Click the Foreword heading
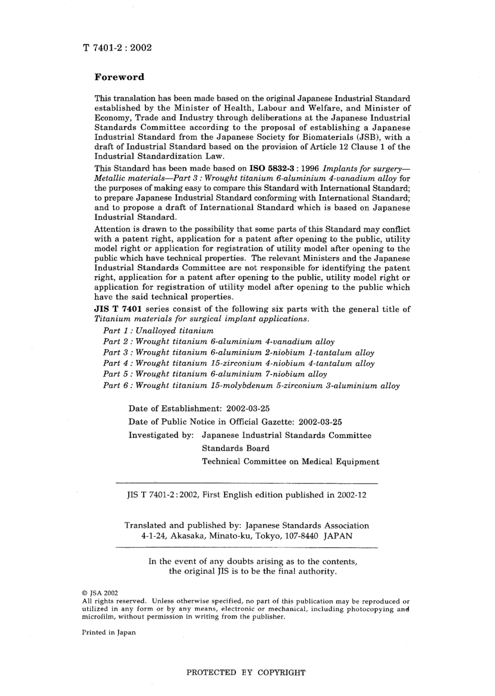click(x=119, y=77)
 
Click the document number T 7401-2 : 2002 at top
click(x=117, y=48)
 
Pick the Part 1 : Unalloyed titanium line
click(x=158, y=330)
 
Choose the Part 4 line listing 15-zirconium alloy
click(x=239, y=363)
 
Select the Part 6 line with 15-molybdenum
click(x=251, y=386)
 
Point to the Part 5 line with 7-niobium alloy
click(x=215, y=374)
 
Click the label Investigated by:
click(x=161, y=435)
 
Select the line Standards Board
click(x=236, y=448)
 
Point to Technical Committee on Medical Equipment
click(x=290, y=462)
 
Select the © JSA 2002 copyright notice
click(x=101, y=593)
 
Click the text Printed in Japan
click(x=109, y=632)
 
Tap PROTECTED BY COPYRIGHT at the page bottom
click(x=246, y=673)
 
